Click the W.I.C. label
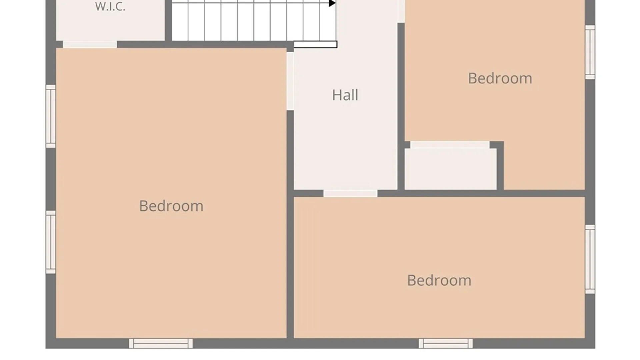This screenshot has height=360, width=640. tap(110, 7)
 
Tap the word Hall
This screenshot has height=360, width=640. tap(345, 95)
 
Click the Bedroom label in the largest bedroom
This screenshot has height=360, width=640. tap(171, 206)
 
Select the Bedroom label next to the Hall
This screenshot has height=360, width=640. tap(500, 78)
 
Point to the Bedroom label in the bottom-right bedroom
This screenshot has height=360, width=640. tap(439, 280)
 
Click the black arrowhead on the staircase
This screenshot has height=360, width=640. tap(332, 3)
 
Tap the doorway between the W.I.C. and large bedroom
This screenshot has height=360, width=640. tap(90, 44)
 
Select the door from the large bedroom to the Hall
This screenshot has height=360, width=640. tap(290, 81)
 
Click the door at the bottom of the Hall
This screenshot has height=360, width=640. tap(350, 193)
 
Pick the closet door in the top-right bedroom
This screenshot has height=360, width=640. tap(450, 145)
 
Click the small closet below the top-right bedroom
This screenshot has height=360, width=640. tap(450, 169)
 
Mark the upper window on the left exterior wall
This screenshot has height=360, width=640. tap(51, 116)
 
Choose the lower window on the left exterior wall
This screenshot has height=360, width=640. tap(51, 242)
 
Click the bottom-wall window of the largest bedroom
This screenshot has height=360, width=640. tap(161, 343)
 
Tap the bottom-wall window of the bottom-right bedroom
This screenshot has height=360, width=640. tap(446, 343)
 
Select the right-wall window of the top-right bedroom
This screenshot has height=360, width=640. tap(590, 52)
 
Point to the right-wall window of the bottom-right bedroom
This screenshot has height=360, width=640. tap(590, 259)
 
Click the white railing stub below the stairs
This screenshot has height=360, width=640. tap(315, 44)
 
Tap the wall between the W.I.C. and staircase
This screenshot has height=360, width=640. tap(168, 21)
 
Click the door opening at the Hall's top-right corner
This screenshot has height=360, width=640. tap(401, 11)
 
